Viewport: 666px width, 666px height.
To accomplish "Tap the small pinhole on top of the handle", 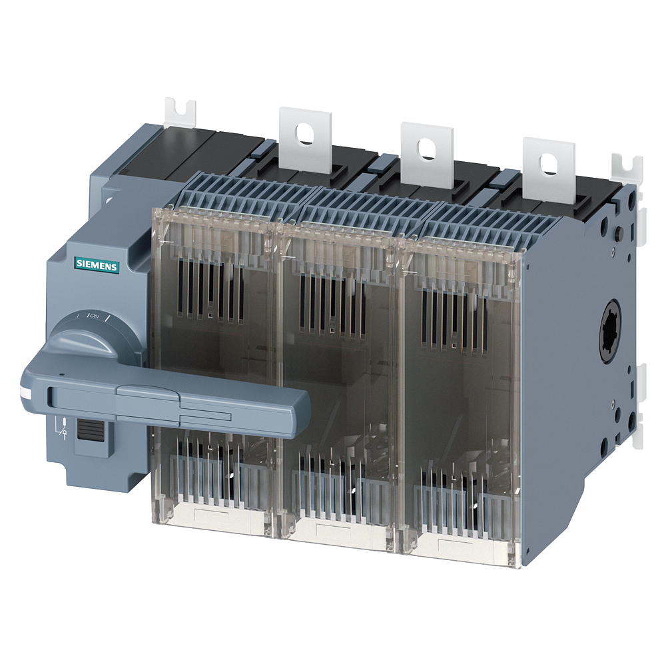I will pos(61,375).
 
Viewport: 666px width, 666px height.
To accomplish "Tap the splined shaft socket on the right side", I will pos(611,330).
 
